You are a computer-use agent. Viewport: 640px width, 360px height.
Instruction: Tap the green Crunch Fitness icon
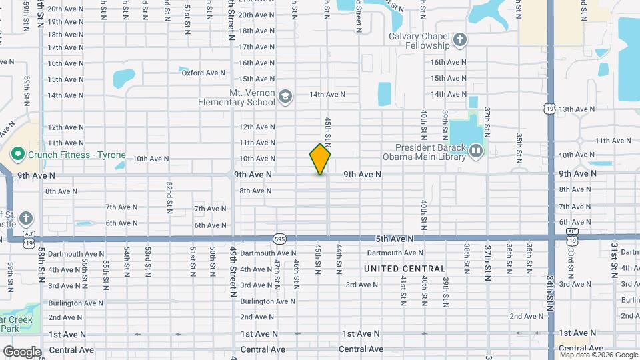[18, 155]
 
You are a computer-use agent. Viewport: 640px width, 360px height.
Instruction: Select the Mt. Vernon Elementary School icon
[285, 97]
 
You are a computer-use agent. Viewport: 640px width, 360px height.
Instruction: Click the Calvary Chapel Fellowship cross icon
[459, 41]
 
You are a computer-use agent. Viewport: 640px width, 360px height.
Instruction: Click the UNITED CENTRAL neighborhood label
[405, 269]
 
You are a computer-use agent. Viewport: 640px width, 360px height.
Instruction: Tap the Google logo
[22, 351]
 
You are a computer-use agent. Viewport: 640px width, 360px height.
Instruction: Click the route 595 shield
[280, 238]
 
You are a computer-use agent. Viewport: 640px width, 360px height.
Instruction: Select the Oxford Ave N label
[204, 73]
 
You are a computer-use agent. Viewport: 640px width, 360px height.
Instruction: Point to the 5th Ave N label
[394, 238]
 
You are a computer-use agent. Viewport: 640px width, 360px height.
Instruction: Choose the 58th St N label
[41, 264]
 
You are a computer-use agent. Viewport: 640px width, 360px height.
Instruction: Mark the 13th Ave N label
[577, 109]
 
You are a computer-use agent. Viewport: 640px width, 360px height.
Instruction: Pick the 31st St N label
[614, 260]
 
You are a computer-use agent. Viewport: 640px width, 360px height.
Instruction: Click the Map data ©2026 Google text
[598, 355]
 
